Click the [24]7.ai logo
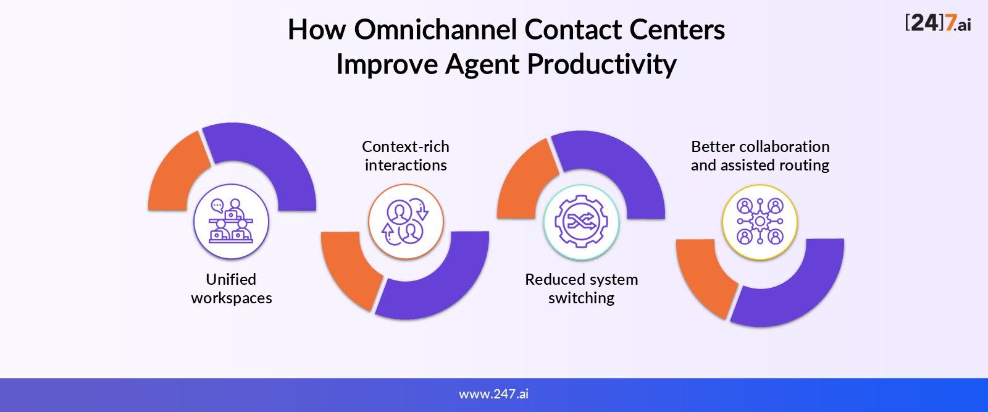[x=938, y=23]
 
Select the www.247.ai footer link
[x=493, y=394]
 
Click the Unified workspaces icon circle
[x=231, y=221]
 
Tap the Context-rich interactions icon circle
[x=406, y=221]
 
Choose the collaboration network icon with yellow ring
[x=760, y=222]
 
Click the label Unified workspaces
[x=231, y=289]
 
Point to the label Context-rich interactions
[x=406, y=156]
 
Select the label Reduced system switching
[x=581, y=289]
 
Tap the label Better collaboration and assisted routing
[x=760, y=156]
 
